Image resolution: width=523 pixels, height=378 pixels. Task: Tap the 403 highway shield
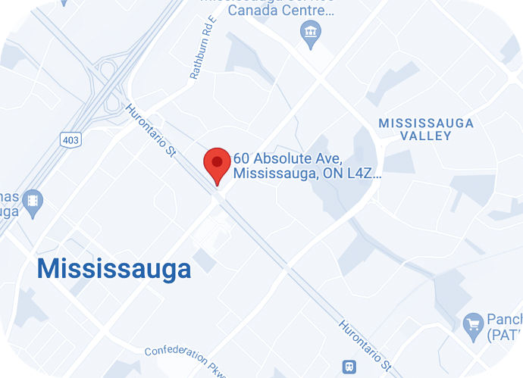click(70, 139)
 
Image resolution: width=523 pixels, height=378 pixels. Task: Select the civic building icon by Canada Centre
click(311, 32)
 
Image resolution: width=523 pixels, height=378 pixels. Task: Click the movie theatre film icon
click(34, 201)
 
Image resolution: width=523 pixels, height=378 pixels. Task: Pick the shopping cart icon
click(474, 323)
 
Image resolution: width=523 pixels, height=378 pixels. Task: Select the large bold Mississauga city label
click(114, 268)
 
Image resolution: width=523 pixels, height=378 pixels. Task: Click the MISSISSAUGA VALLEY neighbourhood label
click(426, 130)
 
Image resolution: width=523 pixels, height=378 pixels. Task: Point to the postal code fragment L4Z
click(362, 173)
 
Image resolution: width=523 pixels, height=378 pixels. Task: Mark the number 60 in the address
click(242, 159)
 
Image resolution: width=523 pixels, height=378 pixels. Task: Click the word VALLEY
click(426, 136)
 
